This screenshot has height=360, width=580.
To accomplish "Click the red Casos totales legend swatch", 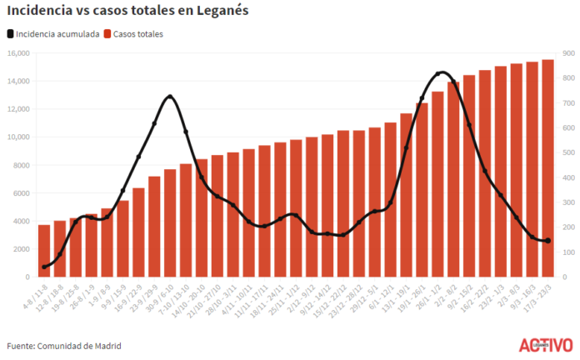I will tap(108, 34).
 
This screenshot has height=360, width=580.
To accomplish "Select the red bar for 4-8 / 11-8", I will tap(44, 250).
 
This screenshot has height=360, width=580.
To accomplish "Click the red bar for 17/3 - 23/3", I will tap(547, 167).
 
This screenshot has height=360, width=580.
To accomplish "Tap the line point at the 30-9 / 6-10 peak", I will tap(170, 97).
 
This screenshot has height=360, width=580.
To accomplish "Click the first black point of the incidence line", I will tap(44, 267).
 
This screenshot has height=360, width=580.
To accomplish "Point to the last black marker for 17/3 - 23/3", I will tap(547, 241).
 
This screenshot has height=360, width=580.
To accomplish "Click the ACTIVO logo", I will tap(545, 343).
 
